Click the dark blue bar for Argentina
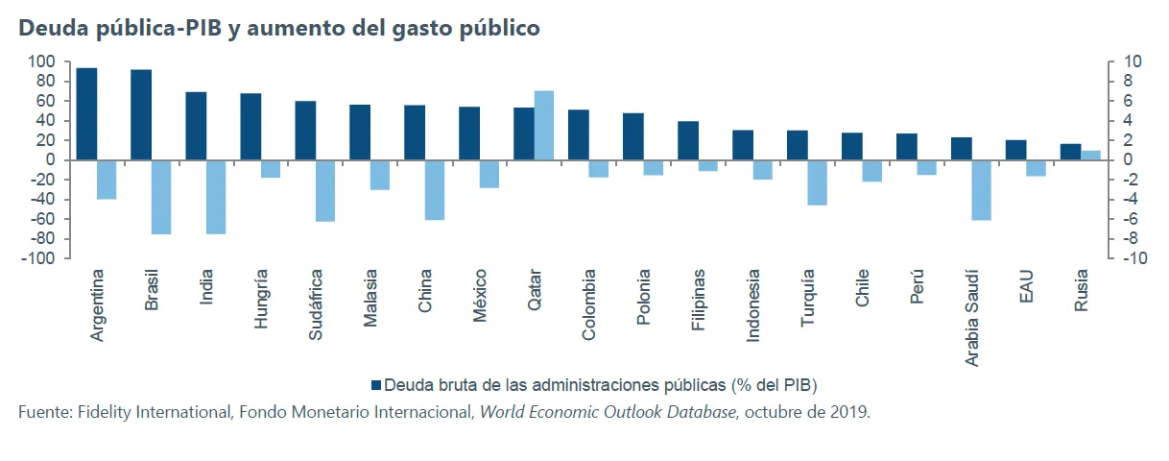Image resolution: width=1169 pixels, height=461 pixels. tap(86, 113)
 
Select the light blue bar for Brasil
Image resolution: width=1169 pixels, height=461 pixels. tap(161, 197)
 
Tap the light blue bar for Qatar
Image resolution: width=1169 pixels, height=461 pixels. tap(544, 125)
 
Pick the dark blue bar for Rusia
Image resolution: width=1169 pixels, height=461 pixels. tap(1070, 152)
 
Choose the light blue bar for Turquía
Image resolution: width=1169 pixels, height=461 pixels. tap(817, 182)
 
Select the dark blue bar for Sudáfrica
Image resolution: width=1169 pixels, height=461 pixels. tap(305, 130)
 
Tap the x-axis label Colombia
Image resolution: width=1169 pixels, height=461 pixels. tap(589, 304)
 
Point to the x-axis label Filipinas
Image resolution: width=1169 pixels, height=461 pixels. tap(699, 302)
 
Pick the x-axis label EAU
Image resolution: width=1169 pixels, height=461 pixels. tap(1027, 287)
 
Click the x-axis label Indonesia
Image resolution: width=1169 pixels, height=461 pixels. tap(753, 306)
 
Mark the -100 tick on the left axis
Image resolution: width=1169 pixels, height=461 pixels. tap(41, 258)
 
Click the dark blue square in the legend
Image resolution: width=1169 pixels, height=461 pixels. tap(375, 385)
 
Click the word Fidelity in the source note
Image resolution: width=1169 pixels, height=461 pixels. tap(107, 413)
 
